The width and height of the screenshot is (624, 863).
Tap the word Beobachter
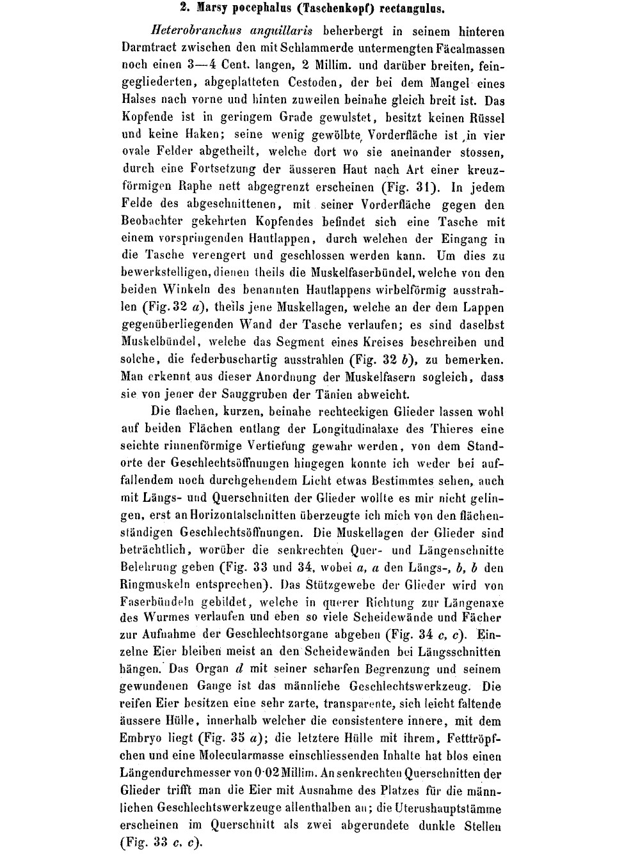(151, 222)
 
